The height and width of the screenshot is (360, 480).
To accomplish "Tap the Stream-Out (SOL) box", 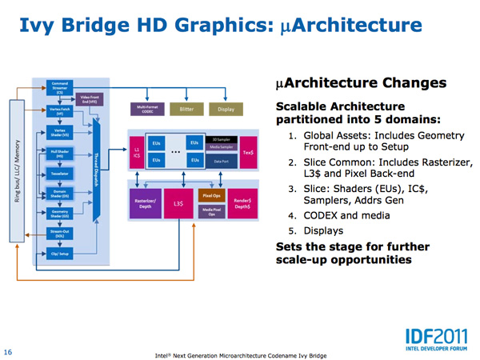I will coord(59,236).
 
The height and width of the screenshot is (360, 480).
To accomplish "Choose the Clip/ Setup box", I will coord(59,254).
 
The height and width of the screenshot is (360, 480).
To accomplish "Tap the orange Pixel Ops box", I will coord(210,195).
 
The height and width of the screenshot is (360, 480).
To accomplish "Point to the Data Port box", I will coord(224,162).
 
